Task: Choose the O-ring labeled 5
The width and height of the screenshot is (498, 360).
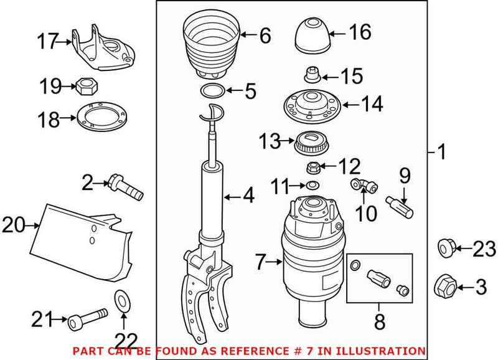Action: pyautogui.click(x=212, y=92)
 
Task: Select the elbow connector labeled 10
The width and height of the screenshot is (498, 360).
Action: pyautogui.click(x=359, y=184)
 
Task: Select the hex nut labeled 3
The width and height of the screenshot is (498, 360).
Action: pyautogui.click(x=443, y=286)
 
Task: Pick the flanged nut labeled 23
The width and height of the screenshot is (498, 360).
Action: pyautogui.click(x=444, y=249)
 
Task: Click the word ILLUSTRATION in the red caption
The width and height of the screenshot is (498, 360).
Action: pyautogui.click(x=387, y=351)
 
